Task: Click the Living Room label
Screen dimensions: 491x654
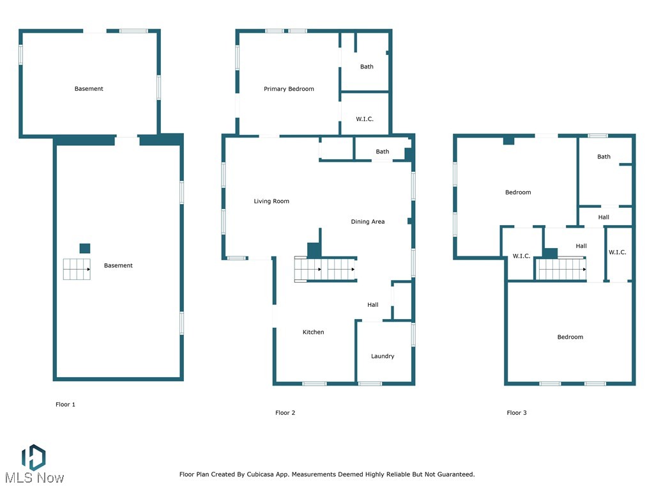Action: (x=271, y=201)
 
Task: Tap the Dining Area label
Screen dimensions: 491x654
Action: (x=368, y=222)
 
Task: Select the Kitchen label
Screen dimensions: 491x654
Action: (x=313, y=332)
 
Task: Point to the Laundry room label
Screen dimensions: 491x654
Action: (x=383, y=357)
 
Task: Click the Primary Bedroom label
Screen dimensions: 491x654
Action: (x=289, y=90)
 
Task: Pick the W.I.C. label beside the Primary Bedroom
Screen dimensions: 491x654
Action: (x=365, y=120)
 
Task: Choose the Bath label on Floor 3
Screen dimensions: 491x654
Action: (x=604, y=157)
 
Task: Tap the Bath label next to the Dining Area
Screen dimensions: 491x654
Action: (x=382, y=152)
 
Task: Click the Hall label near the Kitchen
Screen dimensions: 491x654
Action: (x=373, y=305)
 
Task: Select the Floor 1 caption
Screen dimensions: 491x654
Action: (x=65, y=405)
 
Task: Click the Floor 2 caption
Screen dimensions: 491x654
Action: (x=285, y=413)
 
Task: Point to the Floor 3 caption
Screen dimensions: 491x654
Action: (x=517, y=413)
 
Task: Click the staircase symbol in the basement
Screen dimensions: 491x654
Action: (x=76, y=270)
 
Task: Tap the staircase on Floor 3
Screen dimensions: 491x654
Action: (x=561, y=269)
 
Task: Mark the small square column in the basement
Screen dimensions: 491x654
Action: (x=85, y=248)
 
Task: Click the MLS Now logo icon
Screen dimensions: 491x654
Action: (x=33, y=456)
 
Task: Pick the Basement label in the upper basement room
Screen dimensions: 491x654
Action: (x=89, y=89)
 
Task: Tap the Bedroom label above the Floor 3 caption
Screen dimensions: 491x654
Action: (x=570, y=338)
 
